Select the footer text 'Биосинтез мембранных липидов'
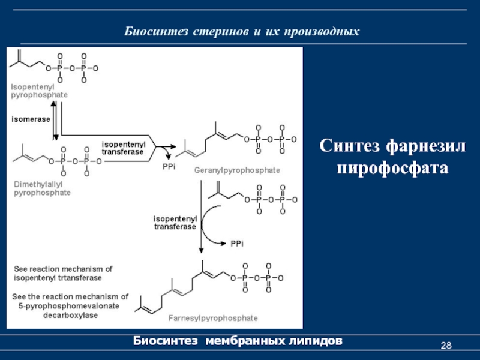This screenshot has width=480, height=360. pos(238,341)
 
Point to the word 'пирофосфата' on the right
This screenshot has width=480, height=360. pos(392,167)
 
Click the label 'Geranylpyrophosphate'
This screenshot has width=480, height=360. pos(237,170)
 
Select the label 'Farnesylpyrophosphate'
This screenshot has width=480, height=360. pos(221,318)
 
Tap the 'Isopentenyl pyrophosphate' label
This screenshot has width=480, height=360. pos(39,91)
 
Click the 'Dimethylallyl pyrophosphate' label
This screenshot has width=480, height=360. pos(42,189)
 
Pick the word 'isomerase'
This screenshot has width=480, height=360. pos(31,119)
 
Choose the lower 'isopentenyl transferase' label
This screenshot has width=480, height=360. pos(175,223)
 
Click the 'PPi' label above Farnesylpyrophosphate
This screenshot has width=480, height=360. pos(236,243)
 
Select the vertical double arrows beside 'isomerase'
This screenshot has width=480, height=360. pos(55,119)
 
